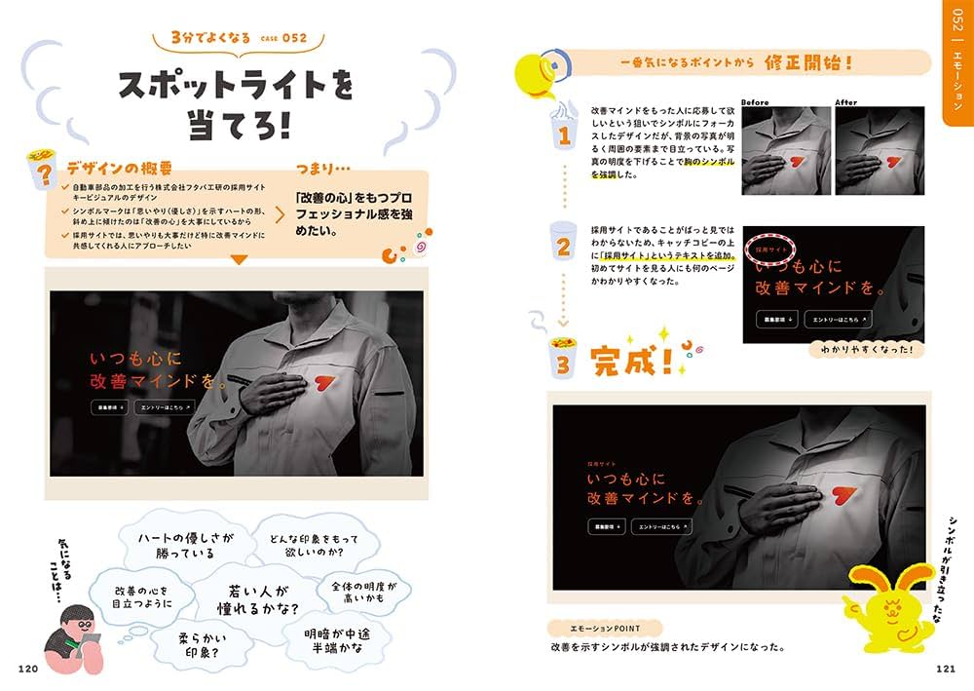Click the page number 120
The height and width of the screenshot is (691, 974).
[x=27, y=668]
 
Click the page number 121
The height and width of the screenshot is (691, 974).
[x=946, y=668]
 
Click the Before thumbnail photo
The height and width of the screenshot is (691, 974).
[x=786, y=145]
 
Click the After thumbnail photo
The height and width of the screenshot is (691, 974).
[x=879, y=145]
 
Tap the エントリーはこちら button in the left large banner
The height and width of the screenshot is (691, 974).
[x=165, y=407]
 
